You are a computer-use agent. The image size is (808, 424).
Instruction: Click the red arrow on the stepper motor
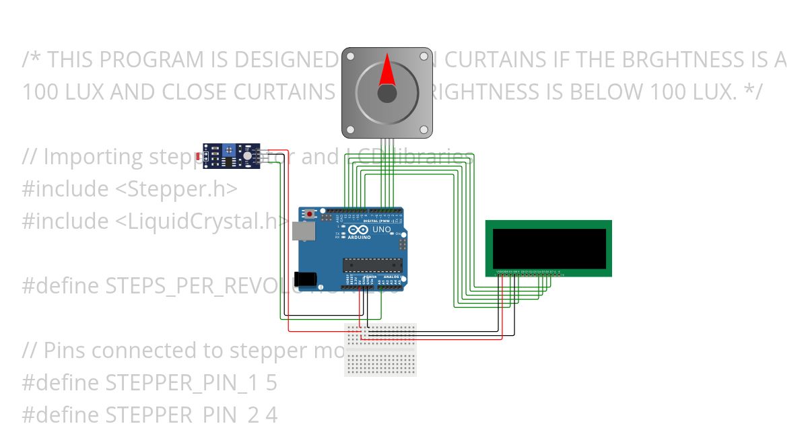click(386, 71)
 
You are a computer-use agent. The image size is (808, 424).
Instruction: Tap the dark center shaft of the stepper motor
click(386, 94)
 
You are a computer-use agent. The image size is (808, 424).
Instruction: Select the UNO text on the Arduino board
click(381, 229)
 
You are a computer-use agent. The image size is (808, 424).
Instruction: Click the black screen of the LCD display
click(549, 248)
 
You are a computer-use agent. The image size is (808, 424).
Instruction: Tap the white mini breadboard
click(380, 349)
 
